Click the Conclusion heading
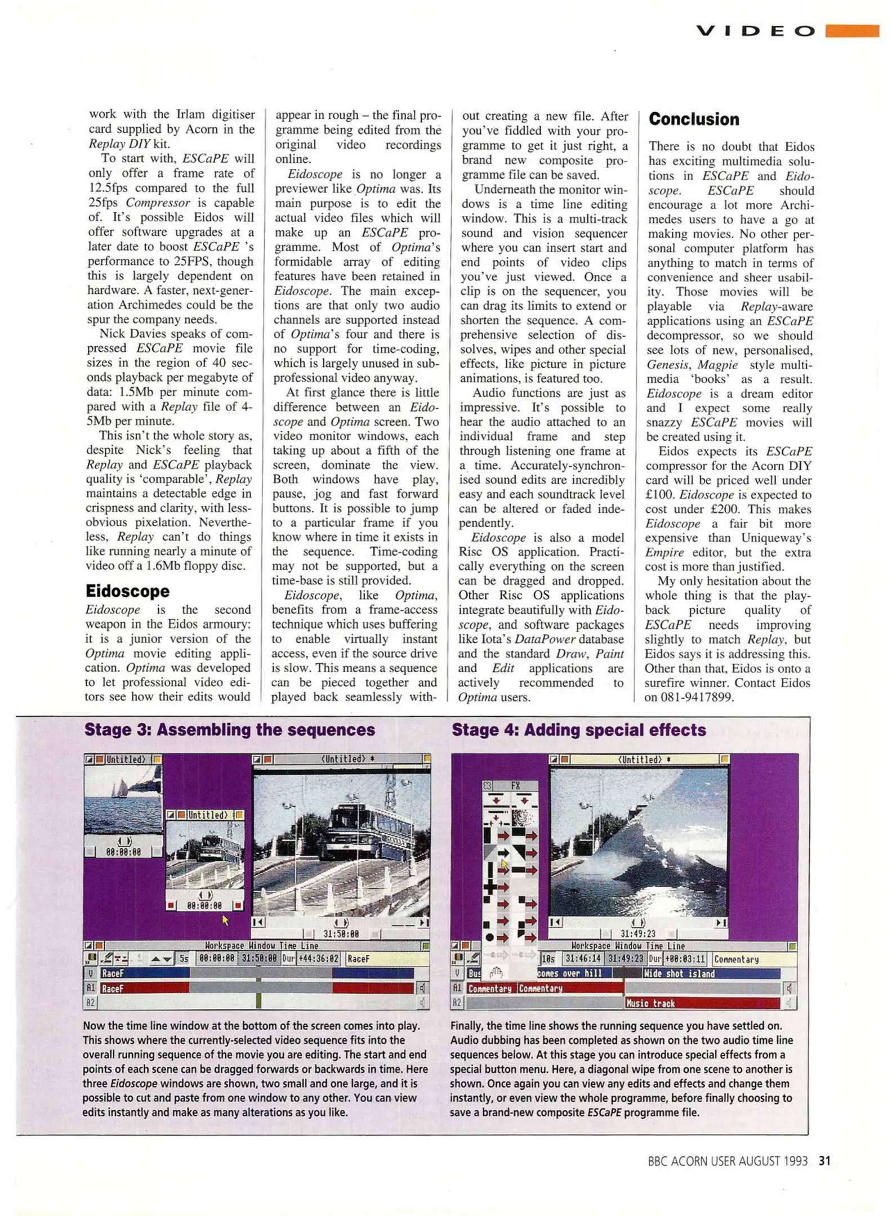[x=694, y=119]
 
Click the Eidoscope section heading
[x=127, y=591]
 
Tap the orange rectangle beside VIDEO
[x=851, y=30]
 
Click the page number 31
[x=824, y=1161]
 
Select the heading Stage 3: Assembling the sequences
[x=229, y=730]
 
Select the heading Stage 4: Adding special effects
[x=578, y=730]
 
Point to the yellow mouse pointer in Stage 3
[x=225, y=920]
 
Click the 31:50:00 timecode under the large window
[x=341, y=934]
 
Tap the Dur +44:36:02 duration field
[x=311, y=958]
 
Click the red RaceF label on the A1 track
[x=113, y=988]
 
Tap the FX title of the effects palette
[x=515, y=785]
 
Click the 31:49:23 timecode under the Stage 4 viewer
[x=637, y=934]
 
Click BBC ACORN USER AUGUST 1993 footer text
[x=727, y=1161]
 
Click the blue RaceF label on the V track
[x=113, y=973]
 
